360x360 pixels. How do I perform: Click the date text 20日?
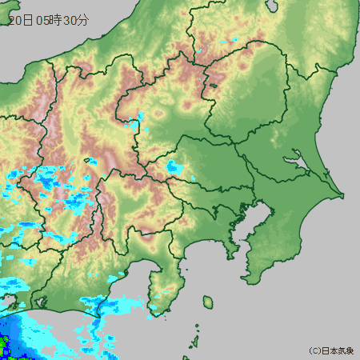coord(20,21)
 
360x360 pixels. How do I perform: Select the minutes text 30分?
coord(75,21)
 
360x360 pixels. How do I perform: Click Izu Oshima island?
coord(207,302)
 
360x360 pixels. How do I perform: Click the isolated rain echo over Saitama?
coord(174,168)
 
